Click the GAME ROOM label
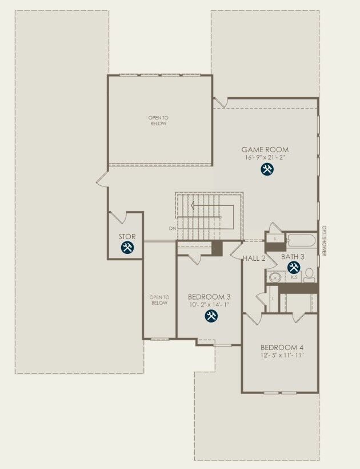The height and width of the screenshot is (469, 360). pyautogui.click(x=265, y=150)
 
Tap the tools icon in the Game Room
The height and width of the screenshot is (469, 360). pyautogui.click(x=266, y=169)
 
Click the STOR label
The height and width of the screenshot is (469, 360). pyautogui.click(x=127, y=236)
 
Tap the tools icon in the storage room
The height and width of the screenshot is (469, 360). pyautogui.click(x=127, y=248)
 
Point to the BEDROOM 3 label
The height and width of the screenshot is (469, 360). pyautogui.click(x=209, y=297)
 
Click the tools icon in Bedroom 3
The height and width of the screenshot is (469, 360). pyautogui.click(x=211, y=316)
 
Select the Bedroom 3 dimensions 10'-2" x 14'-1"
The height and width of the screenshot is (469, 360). pyautogui.click(x=209, y=304)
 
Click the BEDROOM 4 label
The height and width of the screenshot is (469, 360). pyautogui.click(x=282, y=348)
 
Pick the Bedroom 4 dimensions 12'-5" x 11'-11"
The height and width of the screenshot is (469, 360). pyautogui.click(x=282, y=355)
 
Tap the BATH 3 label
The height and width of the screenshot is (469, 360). pyautogui.click(x=293, y=257)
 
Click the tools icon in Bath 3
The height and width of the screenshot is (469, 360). pyautogui.click(x=294, y=267)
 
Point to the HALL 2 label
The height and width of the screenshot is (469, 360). pyautogui.click(x=254, y=259)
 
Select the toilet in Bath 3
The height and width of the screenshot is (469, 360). pyautogui.click(x=309, y=275)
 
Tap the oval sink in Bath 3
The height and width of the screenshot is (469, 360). pyautogui.click(x=275, y=277)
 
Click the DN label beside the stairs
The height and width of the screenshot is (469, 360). pyautogui.click(x=172, y=229)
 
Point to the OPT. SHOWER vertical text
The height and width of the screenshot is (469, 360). pyautogui.click(x=323, y=240)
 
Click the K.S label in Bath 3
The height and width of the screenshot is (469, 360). pyautogui.click(x=294, y=277)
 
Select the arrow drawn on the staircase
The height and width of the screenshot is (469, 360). pyautogui.click(x=206, y=205)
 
